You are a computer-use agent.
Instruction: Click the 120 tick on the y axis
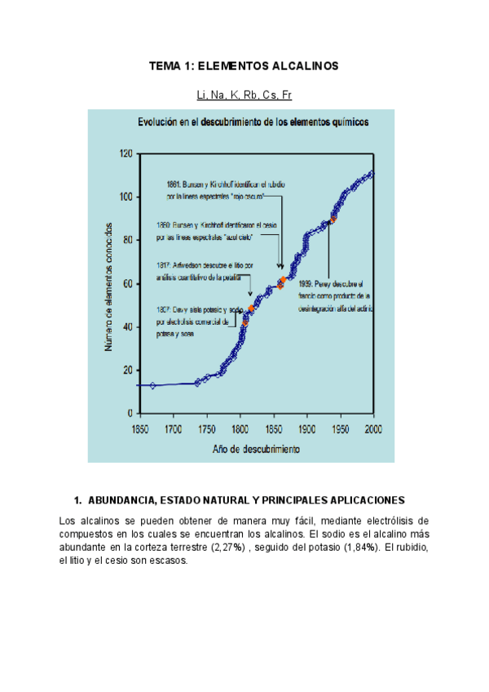point(125,153)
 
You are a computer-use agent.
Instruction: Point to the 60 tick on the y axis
point(127,283)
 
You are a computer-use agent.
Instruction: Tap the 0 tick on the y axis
point(130,413)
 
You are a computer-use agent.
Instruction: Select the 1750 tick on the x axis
point(206,428)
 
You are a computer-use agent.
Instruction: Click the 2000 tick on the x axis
point(373,428)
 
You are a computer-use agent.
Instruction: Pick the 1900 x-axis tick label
point(306,428)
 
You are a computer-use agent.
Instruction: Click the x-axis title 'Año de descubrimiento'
point(255,449)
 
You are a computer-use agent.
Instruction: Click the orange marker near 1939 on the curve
point(333,220)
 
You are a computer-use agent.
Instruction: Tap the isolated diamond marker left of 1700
point(152,384)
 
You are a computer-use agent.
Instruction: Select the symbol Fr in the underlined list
point(285,95)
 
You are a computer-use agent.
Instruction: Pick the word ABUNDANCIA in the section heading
point(122,499)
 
